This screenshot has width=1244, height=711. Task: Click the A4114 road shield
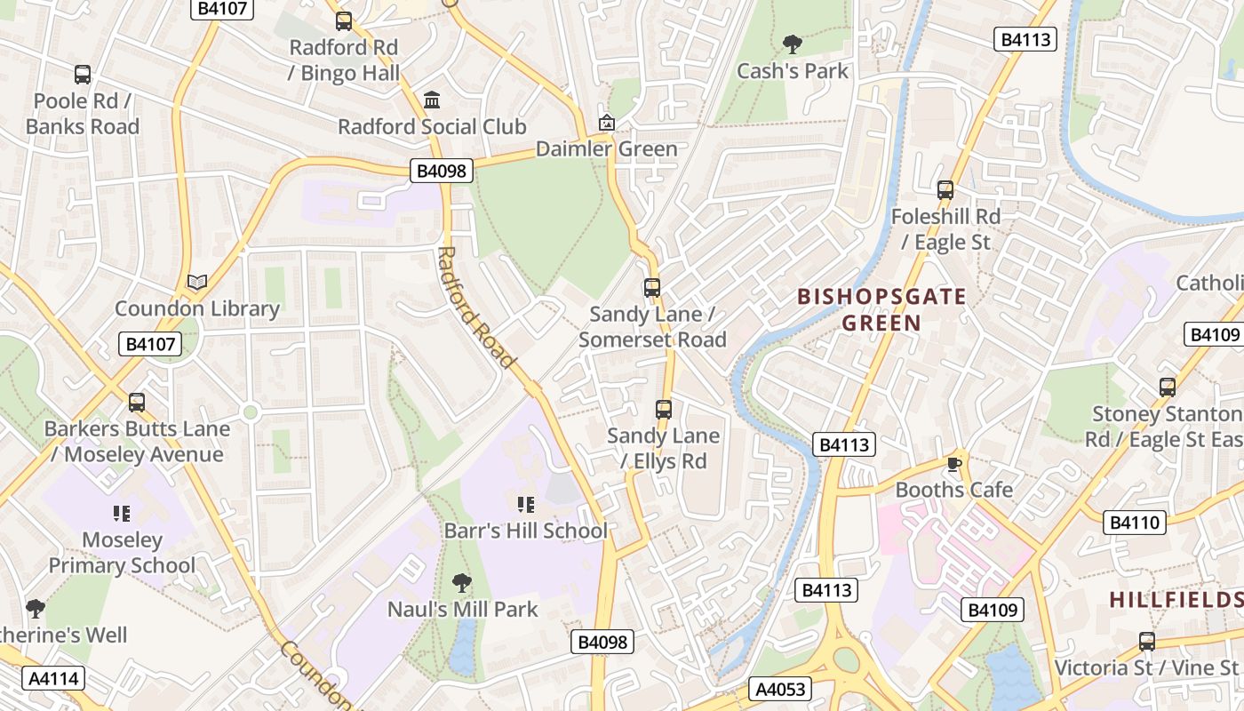54,678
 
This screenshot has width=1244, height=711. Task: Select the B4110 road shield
1136,522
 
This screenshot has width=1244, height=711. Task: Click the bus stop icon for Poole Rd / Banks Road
83,75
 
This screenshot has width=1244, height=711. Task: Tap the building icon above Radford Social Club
432,100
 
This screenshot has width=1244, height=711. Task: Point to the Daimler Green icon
606,123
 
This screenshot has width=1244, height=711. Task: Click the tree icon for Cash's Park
792,44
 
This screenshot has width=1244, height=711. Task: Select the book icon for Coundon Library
197,283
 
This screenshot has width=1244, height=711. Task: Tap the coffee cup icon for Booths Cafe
954,463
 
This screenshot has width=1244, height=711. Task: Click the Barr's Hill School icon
526,505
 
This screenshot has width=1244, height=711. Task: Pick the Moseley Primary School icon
122,513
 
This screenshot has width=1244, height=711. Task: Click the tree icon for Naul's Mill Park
461,583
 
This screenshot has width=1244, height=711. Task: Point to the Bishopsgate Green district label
881,309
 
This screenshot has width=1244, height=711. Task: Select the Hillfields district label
1176,600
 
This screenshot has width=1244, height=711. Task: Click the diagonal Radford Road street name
476,307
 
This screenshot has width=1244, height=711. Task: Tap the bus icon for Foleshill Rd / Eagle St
945,189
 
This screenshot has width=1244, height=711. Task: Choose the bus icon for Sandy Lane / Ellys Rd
664,409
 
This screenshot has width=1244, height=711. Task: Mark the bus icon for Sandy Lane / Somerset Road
652,287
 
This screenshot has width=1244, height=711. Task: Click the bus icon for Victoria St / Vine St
1147,641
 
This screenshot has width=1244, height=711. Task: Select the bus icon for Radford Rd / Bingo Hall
344,20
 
